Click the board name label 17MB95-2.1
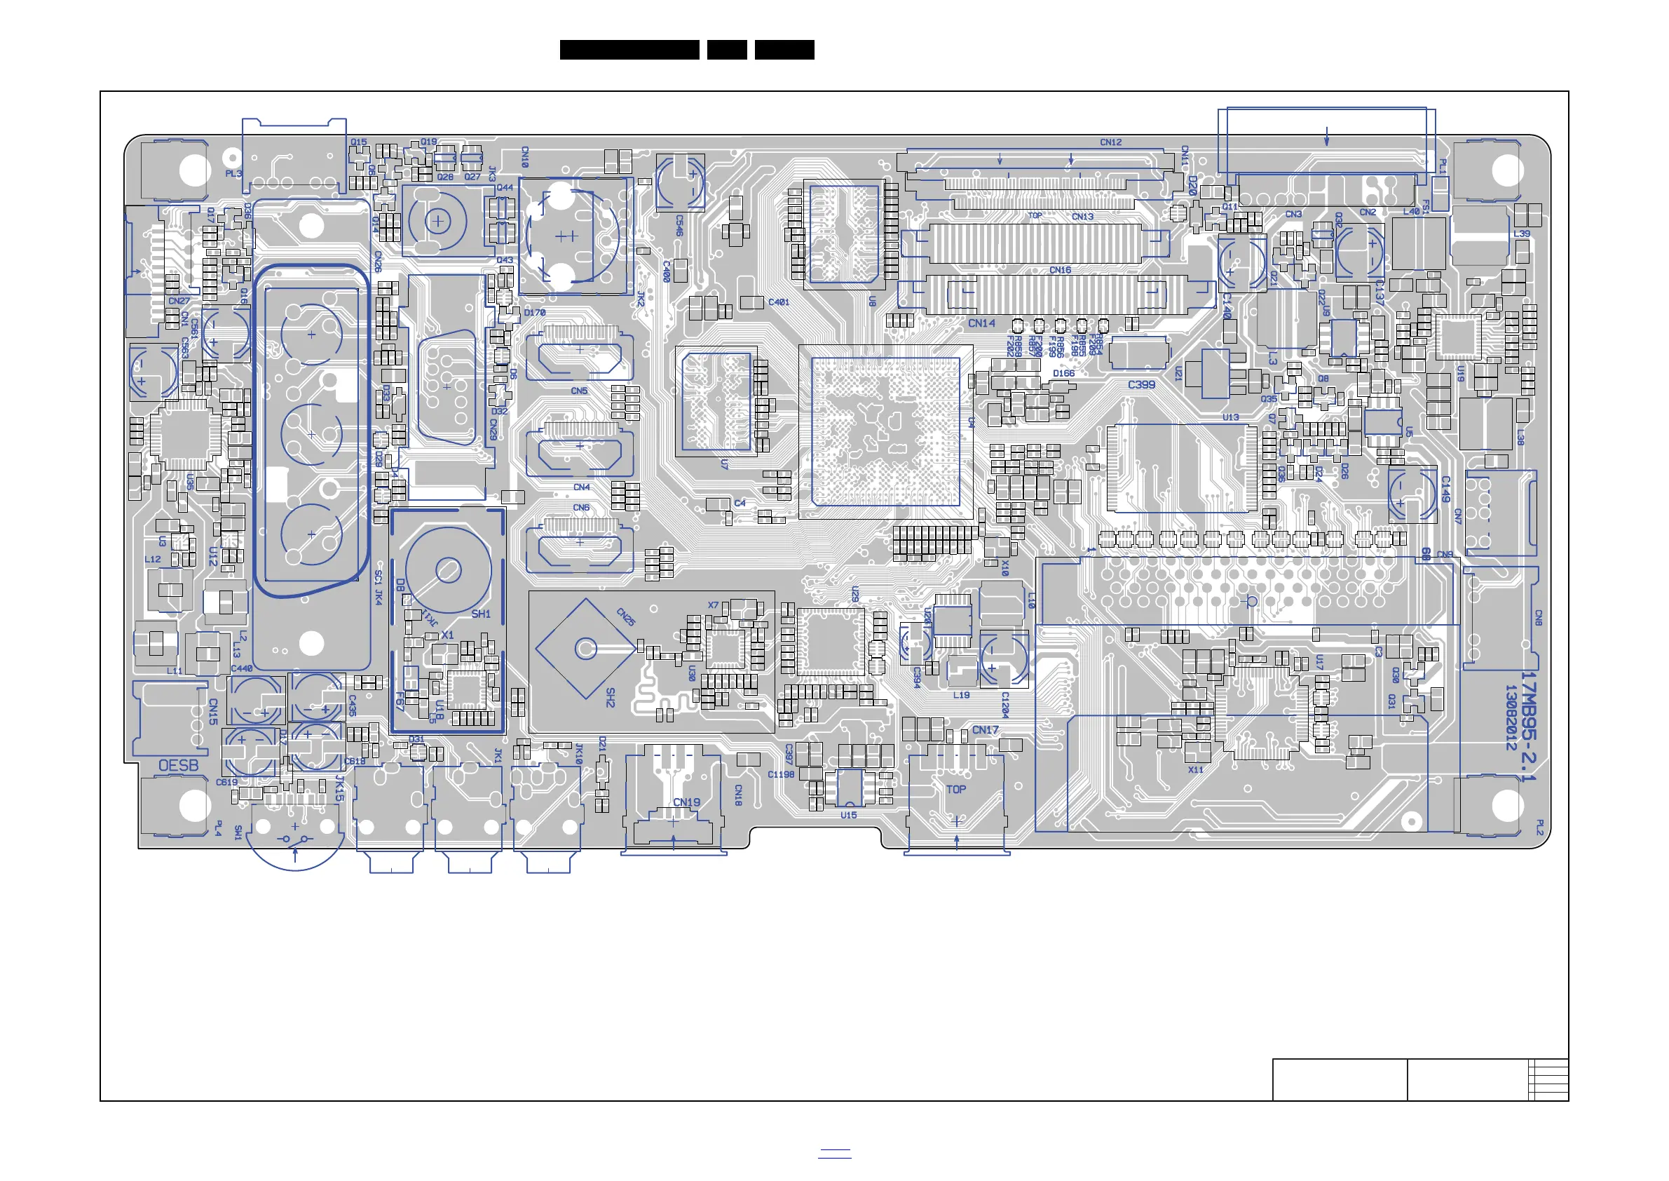[x=1529, y=727]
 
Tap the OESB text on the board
[x=178, y=766]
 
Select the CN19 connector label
[x=686, y=802]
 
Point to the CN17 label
[x=985, y=729]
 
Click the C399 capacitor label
[x=1141, y=385]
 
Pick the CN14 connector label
[x=981, y=323]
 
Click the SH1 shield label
[x=480, y=614]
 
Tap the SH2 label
[x=610, y=697]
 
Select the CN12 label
[x=1110, y=142]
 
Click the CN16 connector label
[x=1060, y=270]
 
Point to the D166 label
[x=1063, y=373]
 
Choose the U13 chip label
[x=1230, y=417]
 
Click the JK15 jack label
[x=339, y=788]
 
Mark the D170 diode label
[x=534, y=313]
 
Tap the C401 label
[x=779, y=302]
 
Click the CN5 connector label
[x=578, y=391]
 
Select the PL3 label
[x=233, y=174]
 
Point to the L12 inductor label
[x=153, y=559]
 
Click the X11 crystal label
[x=1195, y=769]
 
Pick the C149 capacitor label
[x=1445, y=490]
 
